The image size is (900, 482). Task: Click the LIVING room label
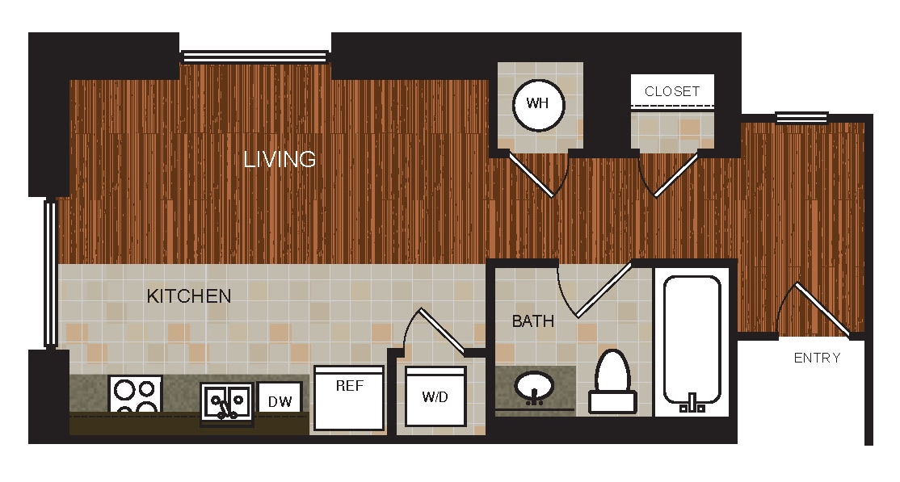pyautogui.click(x=280, y=159)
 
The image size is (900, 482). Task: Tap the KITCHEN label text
pyautogui.click(x=189, y=296)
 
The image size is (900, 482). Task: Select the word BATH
pyautogui.click(x=533, y=321)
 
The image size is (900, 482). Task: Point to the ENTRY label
pyautogui.click(x=817, y=358)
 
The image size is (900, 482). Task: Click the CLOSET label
pyautogui.click(x=672, y=91)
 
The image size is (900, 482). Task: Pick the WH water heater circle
pyautogui.click(x=539, y=104)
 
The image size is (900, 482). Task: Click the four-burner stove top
pyautogui.click(x=135, y=396)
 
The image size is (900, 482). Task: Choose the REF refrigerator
pyautogui.click(x=349, y=398)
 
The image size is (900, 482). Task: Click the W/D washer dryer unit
pyautogui.click(x=435, y=396)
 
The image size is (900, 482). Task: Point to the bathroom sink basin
pyautogui.click(x=533, y=388)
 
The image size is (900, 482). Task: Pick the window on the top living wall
pyautogui.click(x=255, y=57)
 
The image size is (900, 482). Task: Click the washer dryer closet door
pyautogui.click(x=441, y=331)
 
